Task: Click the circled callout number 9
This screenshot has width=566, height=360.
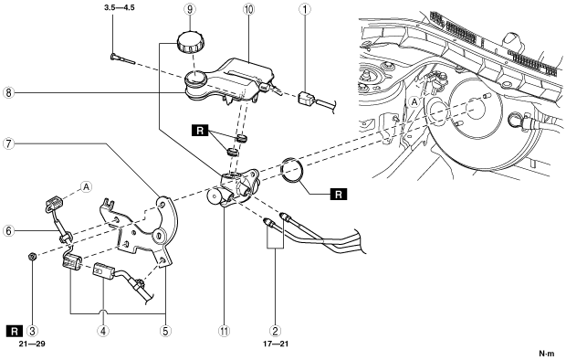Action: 190,9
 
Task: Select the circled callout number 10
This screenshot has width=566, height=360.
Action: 248,9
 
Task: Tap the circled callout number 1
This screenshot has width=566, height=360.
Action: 305,9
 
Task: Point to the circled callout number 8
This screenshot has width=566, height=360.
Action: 8,92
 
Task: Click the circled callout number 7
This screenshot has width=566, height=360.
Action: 8,143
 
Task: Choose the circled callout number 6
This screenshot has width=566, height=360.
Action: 8,230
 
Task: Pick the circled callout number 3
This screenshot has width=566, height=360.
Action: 33,331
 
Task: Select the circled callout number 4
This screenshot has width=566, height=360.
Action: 103,331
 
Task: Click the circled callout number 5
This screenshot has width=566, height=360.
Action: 165,331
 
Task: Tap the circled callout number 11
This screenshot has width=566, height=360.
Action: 225,331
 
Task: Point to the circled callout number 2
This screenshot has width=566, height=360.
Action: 276,331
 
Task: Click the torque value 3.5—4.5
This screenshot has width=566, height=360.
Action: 120,7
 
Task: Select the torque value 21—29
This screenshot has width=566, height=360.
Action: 33,344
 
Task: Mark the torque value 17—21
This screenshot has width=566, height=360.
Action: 276,344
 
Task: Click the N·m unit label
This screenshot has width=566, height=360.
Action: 546,353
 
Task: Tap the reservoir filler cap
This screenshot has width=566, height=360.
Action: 190,42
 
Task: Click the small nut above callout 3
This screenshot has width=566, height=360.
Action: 32,257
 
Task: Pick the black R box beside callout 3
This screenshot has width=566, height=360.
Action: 15,331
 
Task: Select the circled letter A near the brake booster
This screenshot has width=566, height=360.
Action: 414,102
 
